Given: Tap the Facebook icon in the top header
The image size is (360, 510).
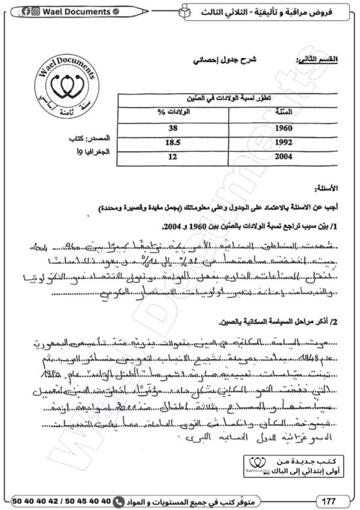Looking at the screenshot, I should [x=26, y=11].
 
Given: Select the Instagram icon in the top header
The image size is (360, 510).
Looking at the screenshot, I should [x=36, y=11].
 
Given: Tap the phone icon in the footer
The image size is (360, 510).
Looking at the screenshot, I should [x=119, y=500].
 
